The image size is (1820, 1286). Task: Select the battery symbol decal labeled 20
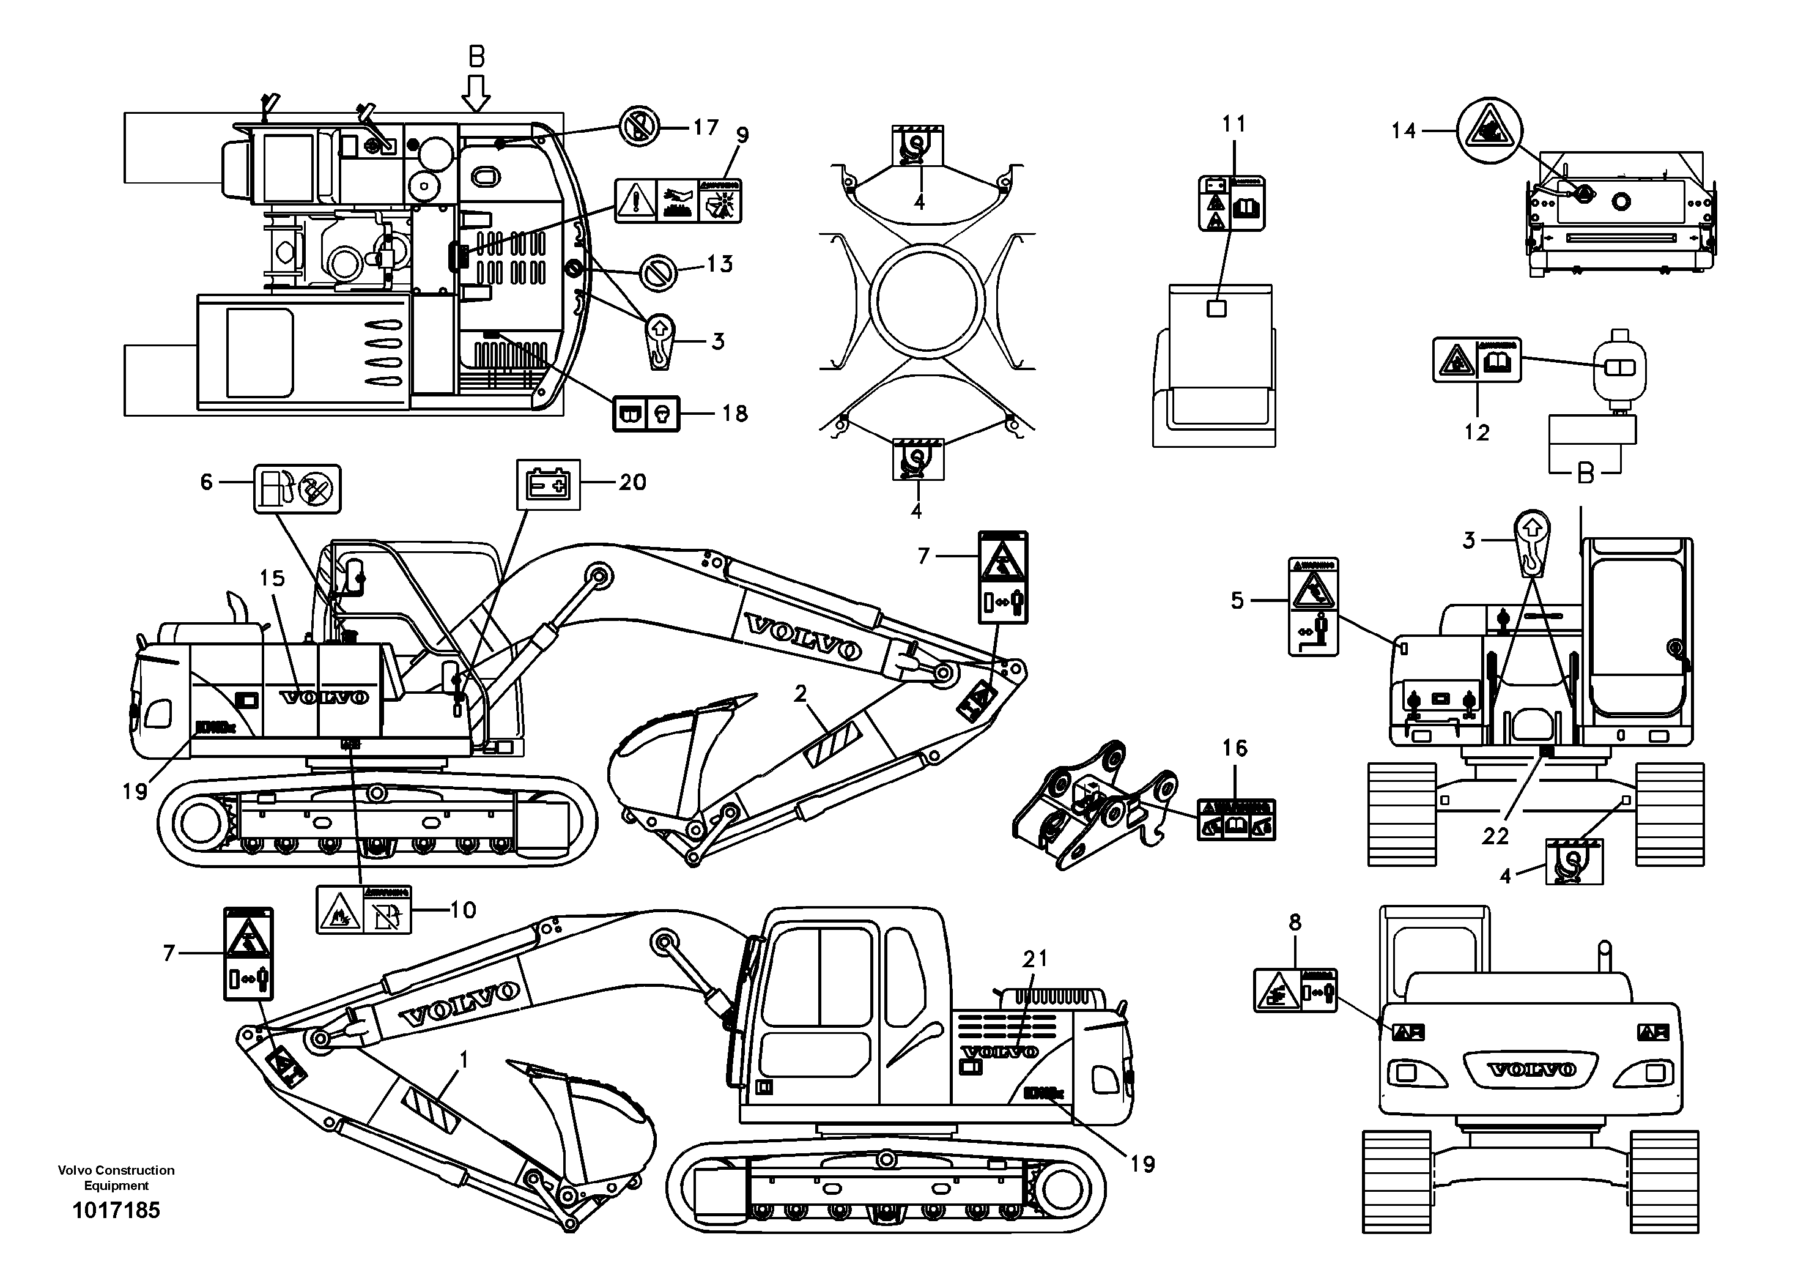(x=549, y=484)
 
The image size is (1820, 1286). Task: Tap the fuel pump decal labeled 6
(x=297, y=488)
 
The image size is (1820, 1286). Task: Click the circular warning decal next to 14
(x=1489, y=131)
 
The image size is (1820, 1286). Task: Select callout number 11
(x=1234, y=124)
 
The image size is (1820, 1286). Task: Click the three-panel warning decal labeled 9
(x=679, y=201)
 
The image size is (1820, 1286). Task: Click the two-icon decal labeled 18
(x=646, y=413)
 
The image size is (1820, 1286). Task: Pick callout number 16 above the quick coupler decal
(x=1234, y=748)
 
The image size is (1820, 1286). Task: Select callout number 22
(x=1495, y=836)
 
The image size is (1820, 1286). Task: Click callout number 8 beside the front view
(x=1295, y=922)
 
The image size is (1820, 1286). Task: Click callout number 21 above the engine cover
(x=1034, y=959)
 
